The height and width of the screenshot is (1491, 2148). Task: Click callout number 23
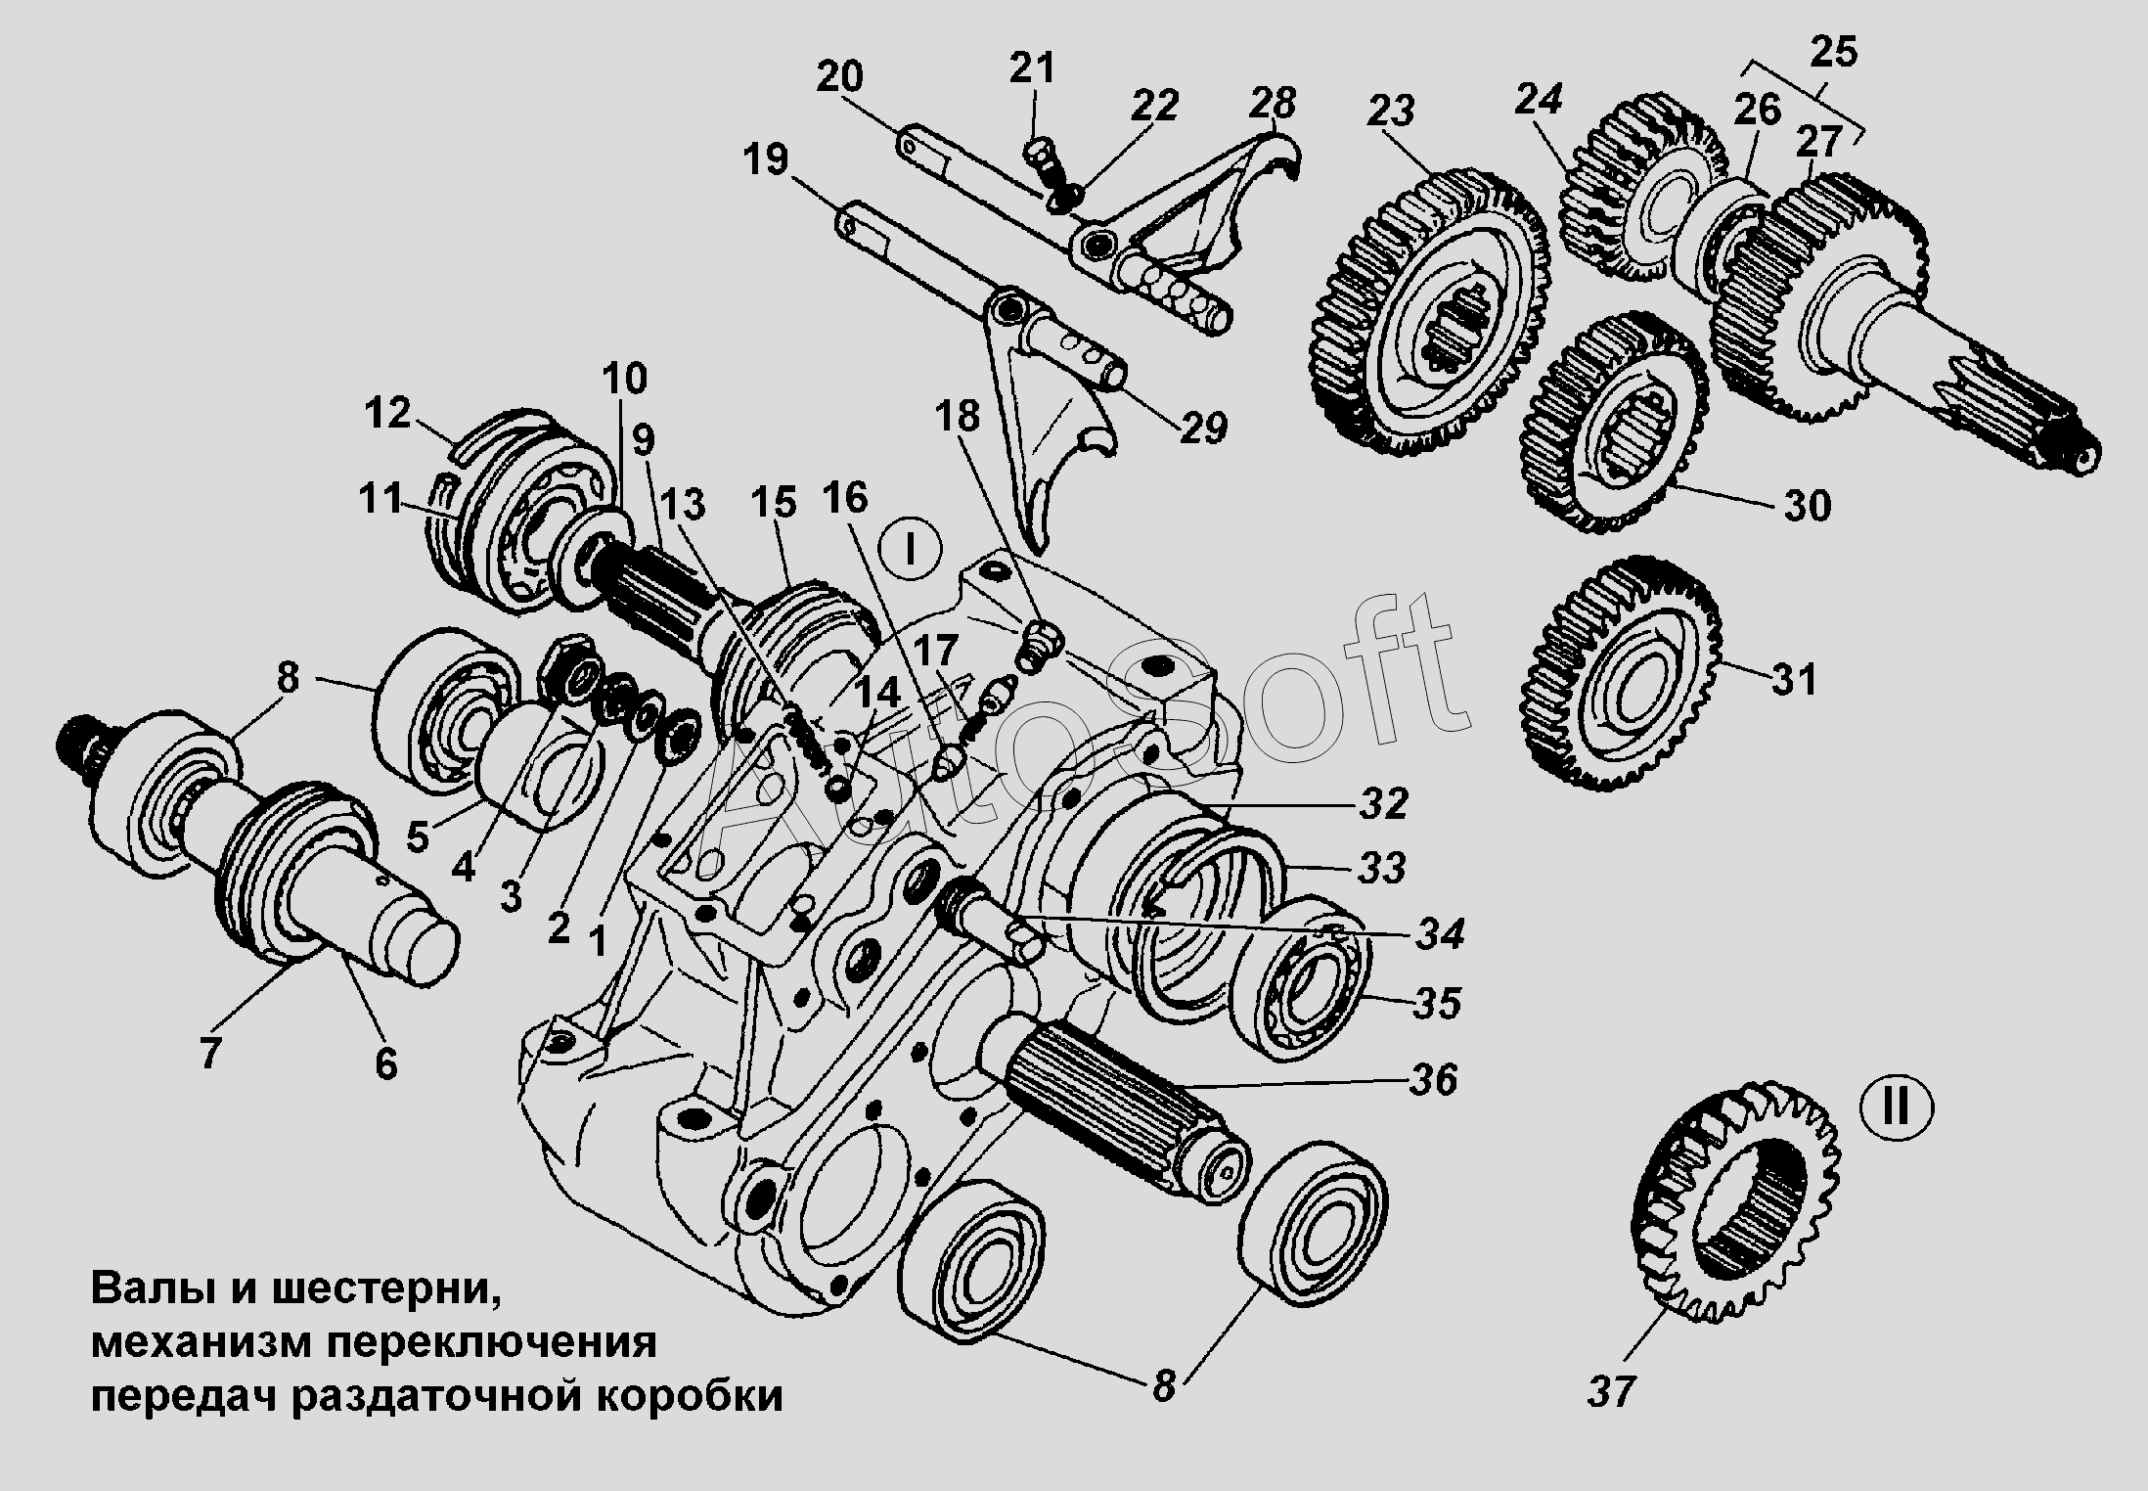[x=1392, y=112]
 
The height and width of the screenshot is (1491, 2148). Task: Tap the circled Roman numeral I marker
[x=910, y=551]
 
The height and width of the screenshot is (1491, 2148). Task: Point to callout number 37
[x=1611, y=1390]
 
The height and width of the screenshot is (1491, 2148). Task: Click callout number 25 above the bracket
[x=1832, y=52]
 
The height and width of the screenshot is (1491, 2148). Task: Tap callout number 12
[x=387, y=414]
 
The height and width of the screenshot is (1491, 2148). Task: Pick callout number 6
[x=386, y=1063]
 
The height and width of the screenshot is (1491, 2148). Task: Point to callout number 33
[x=1381, y=868]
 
